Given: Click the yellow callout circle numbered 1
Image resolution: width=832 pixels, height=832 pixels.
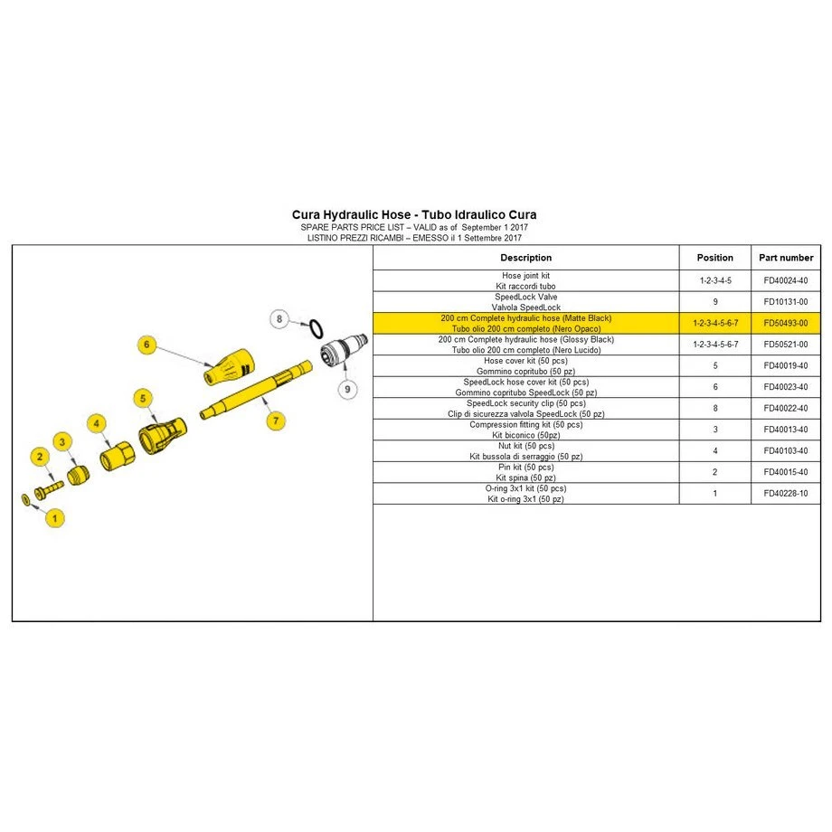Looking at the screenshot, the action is pos(54,518).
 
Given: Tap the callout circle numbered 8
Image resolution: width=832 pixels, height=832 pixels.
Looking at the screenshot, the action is pos(279,319).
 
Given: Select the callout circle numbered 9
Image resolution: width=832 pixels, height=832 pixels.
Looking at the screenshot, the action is pos(347,389).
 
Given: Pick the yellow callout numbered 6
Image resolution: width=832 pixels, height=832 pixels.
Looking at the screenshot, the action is pos(147,345).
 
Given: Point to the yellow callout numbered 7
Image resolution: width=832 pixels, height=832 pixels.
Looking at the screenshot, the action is pos(276,421).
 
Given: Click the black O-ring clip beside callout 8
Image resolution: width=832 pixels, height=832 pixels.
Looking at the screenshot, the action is pos(316,329).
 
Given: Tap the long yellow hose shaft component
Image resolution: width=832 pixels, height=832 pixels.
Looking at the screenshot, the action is pos(256,390).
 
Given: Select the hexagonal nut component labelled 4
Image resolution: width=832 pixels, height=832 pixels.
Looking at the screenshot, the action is pos(118,456).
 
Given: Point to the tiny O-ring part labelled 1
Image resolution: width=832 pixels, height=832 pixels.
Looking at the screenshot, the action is pos(25,499).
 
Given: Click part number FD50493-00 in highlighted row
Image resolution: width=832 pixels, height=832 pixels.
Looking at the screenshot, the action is pos(786,323).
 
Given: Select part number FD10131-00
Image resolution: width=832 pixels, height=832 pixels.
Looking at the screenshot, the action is pos(786,302).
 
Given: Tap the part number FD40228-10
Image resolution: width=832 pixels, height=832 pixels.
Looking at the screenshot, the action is pos(786,494).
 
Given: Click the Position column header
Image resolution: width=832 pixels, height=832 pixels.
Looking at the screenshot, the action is pos(714,258).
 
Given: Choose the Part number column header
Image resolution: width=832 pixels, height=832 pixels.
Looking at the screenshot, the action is pos(786,258).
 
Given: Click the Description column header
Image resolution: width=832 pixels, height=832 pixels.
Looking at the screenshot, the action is pos(525,258).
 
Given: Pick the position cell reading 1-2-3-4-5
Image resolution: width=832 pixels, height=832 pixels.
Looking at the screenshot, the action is pos(715,280).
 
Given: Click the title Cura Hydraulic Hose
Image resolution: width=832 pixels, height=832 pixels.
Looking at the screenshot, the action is pos(351,215).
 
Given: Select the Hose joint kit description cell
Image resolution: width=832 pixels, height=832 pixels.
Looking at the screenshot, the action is pos(525,280).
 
